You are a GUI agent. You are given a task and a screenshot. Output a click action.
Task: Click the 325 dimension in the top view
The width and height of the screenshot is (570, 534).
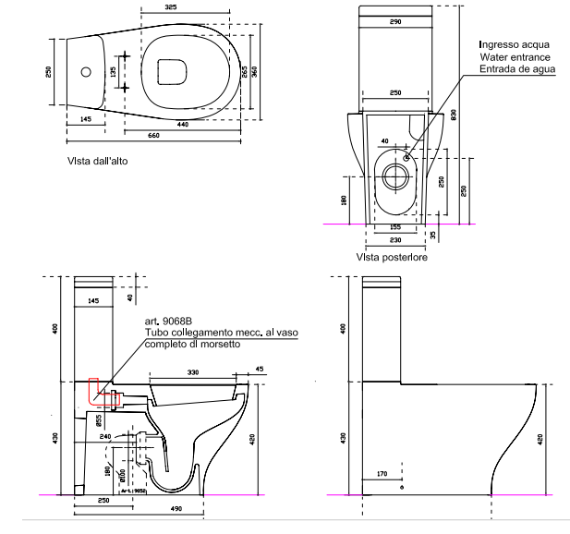(x=171, y=8)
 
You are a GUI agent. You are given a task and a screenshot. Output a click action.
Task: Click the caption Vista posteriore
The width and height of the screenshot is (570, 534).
(x=388, y=259)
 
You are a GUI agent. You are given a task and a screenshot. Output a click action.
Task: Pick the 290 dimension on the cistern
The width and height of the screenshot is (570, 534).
(x=395, y=20)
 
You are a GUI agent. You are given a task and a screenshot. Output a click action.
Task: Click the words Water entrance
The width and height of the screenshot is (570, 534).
(x=515, y=57)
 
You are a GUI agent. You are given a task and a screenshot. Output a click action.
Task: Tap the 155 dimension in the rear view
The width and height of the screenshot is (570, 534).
(x=394, y=226)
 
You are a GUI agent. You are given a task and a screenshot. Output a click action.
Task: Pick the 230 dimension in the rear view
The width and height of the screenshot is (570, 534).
(x=394, y=239)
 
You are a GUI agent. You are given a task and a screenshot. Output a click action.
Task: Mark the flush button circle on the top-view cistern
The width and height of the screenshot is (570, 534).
(x=86, y=71)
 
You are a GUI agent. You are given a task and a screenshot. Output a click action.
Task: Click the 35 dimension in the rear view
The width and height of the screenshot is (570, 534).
(x=433, y=235)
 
